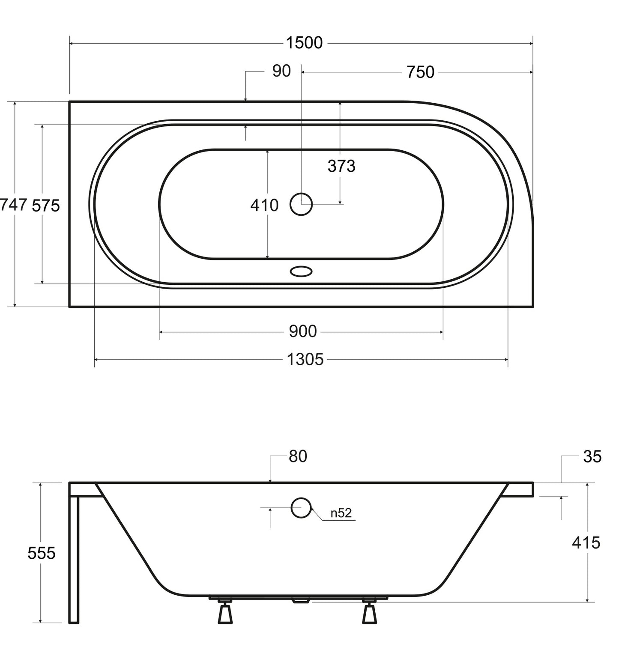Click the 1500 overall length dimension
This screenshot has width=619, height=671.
pyautogui.click(x=304, y=43)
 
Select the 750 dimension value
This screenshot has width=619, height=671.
pyautogui.click(x=420, y=72)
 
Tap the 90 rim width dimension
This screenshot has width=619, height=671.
pyautogui.click(x=281, y=71)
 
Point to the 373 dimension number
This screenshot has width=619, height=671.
pyautogui.click(x=341, y=166)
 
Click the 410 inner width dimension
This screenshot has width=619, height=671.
pyautogui.click(x=264, y=206)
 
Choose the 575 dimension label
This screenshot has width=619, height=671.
pyautogui.click(x=46, y=206)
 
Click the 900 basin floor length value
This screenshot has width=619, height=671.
pyautogui.click(x=303, y=331)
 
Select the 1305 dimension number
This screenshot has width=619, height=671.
pyautogui.click(x=305, y=360)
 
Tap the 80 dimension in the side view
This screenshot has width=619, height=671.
pyautogui.click(x=298, y=456)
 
